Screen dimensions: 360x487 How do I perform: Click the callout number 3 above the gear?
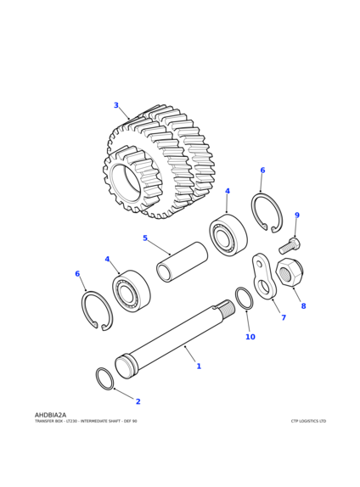coord(116,105)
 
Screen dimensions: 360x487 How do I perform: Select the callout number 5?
coord(145,238)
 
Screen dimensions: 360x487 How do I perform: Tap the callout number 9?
coord(297,216)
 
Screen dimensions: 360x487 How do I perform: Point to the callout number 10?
coord(250,337)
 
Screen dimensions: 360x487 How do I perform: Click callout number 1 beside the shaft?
coord(199,367)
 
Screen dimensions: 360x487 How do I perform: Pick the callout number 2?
coord(138,401)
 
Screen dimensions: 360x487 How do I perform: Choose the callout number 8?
coord(303,306)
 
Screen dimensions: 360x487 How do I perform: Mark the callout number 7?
coord(284,317)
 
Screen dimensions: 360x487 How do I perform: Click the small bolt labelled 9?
coord(290,246)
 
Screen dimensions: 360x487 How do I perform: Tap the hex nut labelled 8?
coord(290,273)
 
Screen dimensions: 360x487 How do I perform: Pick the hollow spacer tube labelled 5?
coord(182,262)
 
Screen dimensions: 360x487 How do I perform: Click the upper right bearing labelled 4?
coord(228,235)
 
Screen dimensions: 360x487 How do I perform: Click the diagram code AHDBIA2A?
coord(50,415)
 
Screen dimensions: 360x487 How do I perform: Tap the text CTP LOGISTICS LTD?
coord(308,421)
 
